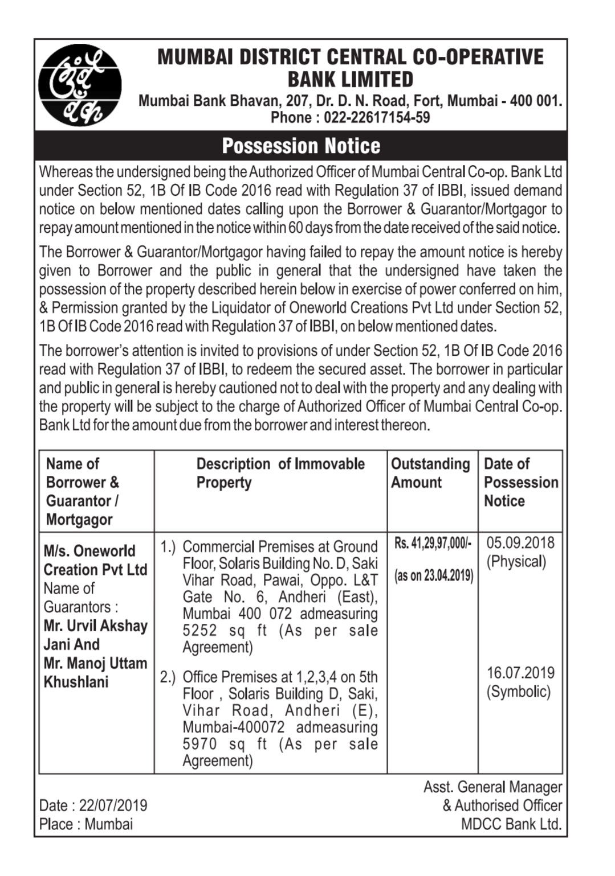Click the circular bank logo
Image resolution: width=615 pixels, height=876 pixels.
click(x=80, y=85)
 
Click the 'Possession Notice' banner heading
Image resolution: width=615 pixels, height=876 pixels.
click(x=301, y=146)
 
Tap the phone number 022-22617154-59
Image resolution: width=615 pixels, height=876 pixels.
click(x=377, y=118)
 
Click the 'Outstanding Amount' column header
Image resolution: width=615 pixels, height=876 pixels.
click(x=430, y=473)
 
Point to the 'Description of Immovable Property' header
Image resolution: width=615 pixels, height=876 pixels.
click(x=280, y=473)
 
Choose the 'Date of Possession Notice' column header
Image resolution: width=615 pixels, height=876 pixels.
click(x=520, y=482)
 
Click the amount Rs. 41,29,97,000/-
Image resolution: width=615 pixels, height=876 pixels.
click(x=433, y=543)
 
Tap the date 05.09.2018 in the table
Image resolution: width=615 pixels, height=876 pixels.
click(x=520, y=542)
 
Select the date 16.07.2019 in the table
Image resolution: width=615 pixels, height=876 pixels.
click(x=520, y=673)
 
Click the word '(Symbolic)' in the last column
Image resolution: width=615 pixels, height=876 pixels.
click(x=519, y=692)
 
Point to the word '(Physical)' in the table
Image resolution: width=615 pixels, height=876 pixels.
click(x=516, y=562)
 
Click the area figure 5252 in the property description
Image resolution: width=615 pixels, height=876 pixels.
click(x=199, y=631)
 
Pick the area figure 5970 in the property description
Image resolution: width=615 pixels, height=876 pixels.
click(x=199, y=744)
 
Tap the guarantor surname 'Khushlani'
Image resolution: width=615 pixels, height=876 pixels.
click(x=76, y=682)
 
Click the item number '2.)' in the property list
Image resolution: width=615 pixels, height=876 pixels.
click(x=168, y=677)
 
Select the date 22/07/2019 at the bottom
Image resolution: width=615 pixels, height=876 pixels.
click(x=113, y=805)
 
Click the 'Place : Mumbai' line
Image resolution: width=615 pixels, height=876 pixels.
click(x=86, y=824)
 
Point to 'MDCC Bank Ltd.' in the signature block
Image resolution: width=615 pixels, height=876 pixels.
click(x=511, y=824)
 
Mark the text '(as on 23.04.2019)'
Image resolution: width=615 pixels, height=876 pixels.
click(x=433, y=575)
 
